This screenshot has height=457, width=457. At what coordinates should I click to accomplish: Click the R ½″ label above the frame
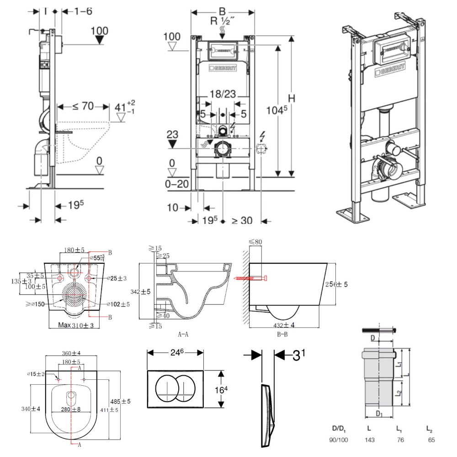(222, 21)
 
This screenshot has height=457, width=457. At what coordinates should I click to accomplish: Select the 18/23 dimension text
(223, 95)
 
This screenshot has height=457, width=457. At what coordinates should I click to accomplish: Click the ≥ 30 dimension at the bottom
(242, 220)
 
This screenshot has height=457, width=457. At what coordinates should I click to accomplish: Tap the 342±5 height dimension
(148, 291)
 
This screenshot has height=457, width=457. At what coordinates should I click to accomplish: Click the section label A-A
(183, 334)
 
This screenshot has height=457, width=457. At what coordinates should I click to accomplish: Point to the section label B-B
(282, 335)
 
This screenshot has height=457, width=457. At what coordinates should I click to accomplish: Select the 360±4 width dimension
(71, 353)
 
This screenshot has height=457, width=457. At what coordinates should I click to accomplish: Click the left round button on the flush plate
(166, 388)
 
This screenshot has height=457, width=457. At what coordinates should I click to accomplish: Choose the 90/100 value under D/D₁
(339, 440)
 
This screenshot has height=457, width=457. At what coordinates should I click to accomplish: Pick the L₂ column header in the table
(429, 429)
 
